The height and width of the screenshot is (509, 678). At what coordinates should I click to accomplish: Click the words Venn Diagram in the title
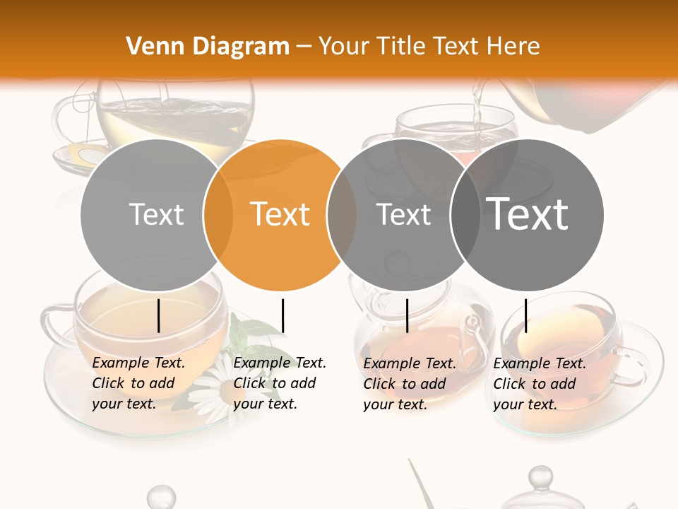click(x=208, y=47)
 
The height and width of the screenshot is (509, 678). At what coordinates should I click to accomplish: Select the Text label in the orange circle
click(x=280, y=214)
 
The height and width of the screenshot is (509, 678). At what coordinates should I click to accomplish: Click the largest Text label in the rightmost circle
click(x=528, y=213)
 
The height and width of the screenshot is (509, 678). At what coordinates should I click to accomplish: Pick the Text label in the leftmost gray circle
click(x=157, y=214)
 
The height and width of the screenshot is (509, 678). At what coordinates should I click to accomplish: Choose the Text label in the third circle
click(x=403, y=214)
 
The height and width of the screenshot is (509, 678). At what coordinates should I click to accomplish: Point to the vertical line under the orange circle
click(x=282, y=315)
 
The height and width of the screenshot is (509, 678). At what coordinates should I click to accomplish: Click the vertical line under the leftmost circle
click(x=159, y=315)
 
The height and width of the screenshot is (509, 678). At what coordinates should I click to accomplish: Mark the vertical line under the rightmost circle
click(x=525, y=315)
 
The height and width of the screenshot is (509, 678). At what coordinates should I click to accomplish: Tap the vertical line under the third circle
click(x=407, y=315)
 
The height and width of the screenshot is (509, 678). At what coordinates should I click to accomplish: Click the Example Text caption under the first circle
click(x=138, y=383)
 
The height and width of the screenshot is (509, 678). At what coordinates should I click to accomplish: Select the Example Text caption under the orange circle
click(x=279, y=383)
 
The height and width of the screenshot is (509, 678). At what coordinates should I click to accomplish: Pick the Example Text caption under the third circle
click(x=410, y=384)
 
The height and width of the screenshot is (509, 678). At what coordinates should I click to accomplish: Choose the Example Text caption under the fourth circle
click(x=540, y=384)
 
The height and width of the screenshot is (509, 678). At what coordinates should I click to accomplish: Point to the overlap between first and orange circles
click(x=218, y=214)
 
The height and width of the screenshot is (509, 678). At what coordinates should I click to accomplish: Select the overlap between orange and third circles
click(x=342, y=214)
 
